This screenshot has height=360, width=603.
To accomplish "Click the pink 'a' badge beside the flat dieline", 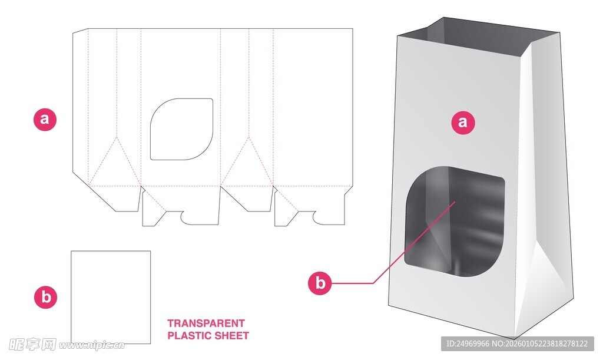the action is [x=45, y=119].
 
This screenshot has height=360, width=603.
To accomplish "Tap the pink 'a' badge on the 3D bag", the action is [x=463, y=123].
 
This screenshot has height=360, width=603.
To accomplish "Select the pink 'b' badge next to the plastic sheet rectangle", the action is [x=46, y=297].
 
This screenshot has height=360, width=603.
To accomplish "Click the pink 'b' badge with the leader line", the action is [x=320, y=283].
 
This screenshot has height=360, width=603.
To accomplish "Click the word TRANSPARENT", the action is [x=206, y=323].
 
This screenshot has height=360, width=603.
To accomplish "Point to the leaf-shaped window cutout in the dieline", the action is [x=181, y=129].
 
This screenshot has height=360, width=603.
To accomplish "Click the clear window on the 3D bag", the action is [x=455, y=221].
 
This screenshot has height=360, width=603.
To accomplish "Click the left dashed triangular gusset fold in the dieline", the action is [x=116, y=161].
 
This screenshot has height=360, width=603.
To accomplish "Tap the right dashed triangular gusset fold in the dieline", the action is [x=249, y=161].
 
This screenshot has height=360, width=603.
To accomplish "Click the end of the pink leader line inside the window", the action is [x=455, y=201].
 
